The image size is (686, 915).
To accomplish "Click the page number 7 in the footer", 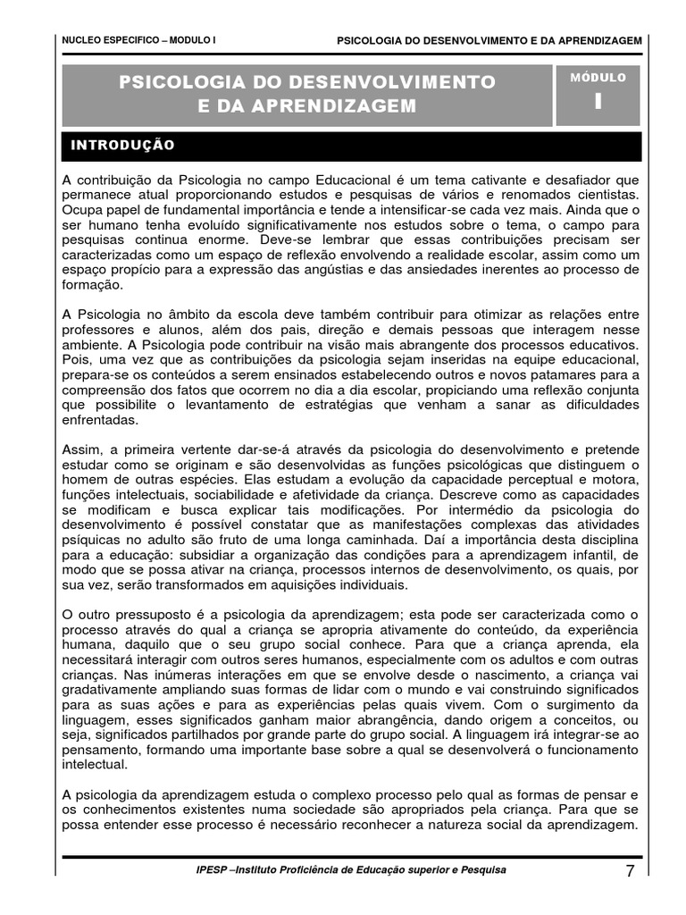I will [631, 873].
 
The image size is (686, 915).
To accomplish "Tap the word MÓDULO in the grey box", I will [598, 78].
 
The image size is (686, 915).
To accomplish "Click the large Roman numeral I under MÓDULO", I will [598, 102].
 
